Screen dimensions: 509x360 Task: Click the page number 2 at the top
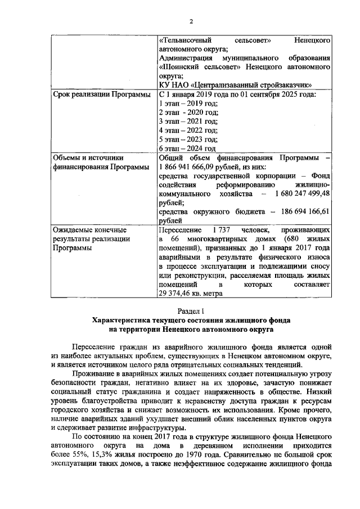(191, 22)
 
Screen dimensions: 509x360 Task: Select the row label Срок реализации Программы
(101, 94)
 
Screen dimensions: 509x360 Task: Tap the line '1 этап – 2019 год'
(188, 103)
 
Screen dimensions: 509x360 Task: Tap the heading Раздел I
(191, 310)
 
